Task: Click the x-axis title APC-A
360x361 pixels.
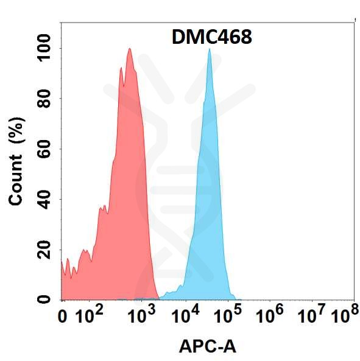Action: (x=207, y=347)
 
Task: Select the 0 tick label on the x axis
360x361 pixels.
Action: (x=62, y=316)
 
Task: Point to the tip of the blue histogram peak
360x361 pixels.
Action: (x=210, y=49)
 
